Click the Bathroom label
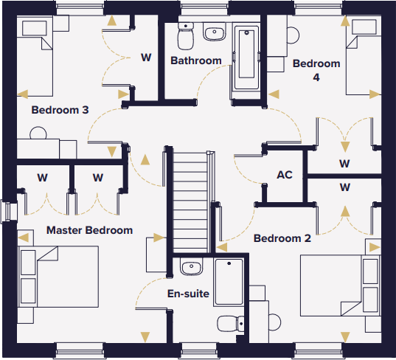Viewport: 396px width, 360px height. (196, 60)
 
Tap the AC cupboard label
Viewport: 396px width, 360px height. (285, 175)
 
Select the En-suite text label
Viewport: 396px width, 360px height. (188, 294)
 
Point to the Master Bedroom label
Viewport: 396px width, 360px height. (89, 230)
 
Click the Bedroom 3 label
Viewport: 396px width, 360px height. (60, 110)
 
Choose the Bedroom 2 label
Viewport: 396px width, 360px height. (282, 238)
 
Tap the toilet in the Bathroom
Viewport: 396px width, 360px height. (186, 35)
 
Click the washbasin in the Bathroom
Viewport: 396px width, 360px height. (214, 32)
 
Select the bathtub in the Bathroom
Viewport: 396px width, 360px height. (246, 58)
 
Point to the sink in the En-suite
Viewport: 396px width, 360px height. (191, 266)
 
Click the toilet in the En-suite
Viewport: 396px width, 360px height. (231, 324)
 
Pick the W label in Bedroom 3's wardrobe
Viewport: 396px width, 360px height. (146, 58)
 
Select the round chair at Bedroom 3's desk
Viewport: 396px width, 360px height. (38, 133)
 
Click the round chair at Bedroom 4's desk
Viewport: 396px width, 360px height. (293, 35)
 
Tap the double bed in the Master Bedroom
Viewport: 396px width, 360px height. (58, 277)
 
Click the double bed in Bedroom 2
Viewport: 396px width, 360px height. (341, 285)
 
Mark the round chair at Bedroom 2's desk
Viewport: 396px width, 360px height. (275, 322)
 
